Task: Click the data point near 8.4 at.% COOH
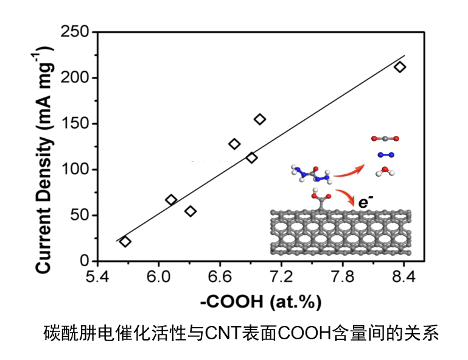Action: (400, 67)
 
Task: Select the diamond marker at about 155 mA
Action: (260, 119)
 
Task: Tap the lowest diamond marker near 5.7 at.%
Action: (125, 241)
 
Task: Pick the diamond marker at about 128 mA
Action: (234, 144)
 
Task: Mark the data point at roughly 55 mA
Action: (190, 211)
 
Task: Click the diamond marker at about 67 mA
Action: (171, 200)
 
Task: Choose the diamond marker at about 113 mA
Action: (251, 158)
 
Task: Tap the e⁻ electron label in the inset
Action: (365, 201)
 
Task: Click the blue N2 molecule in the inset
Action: (384, 155)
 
